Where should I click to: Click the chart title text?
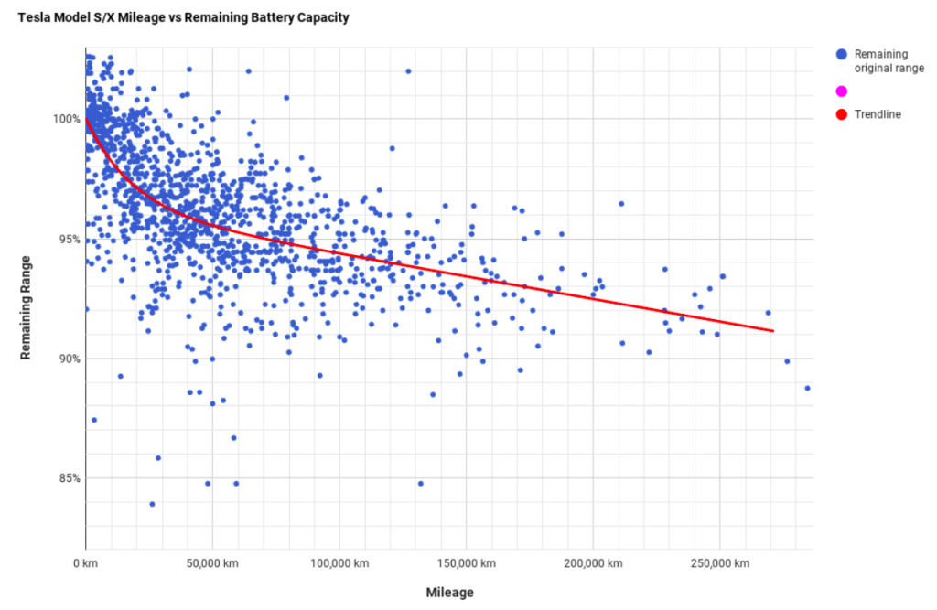pos(183,17)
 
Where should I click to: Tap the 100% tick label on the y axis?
pos(66,120)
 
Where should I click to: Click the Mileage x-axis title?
pos(449,593)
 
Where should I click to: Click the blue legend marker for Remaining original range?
pos(841,55)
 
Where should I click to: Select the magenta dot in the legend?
pos(841,91)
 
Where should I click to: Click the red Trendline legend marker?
pos(841,114)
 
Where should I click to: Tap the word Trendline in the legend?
pos(878,114)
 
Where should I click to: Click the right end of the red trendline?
pos(773,330)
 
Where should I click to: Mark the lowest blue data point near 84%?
pos(152,504)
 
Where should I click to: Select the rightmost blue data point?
pos(807,388)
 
